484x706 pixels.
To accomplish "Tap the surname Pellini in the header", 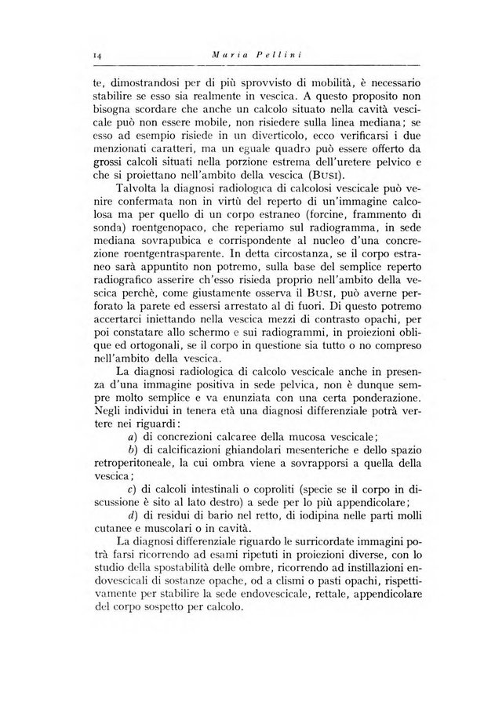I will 271,54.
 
